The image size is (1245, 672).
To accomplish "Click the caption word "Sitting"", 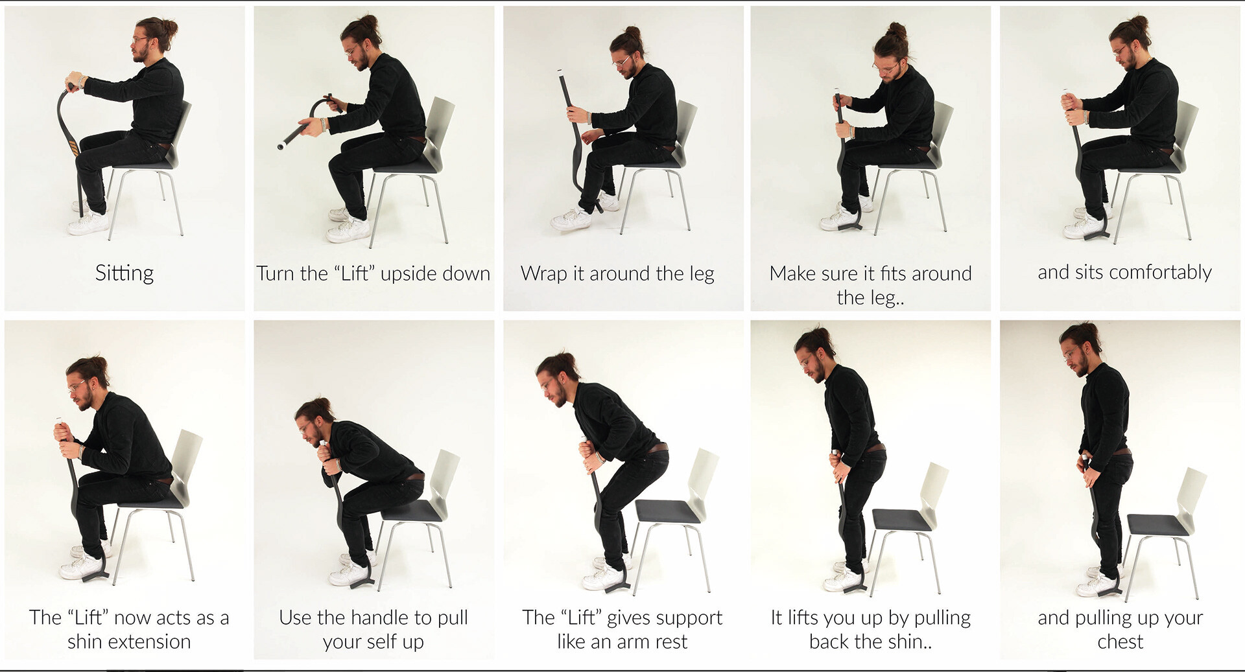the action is pos(124,273).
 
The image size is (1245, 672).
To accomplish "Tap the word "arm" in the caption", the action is pos(628,642).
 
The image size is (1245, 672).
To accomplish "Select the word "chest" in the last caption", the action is pos(1120,642).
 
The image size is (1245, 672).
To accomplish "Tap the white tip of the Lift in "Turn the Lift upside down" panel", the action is pos(282,146).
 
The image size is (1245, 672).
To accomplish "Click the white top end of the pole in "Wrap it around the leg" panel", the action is pos(558,72).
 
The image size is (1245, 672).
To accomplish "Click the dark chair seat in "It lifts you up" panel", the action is pos(903,518).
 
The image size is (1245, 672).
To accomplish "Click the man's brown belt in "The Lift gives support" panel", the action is pos(656,448).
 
